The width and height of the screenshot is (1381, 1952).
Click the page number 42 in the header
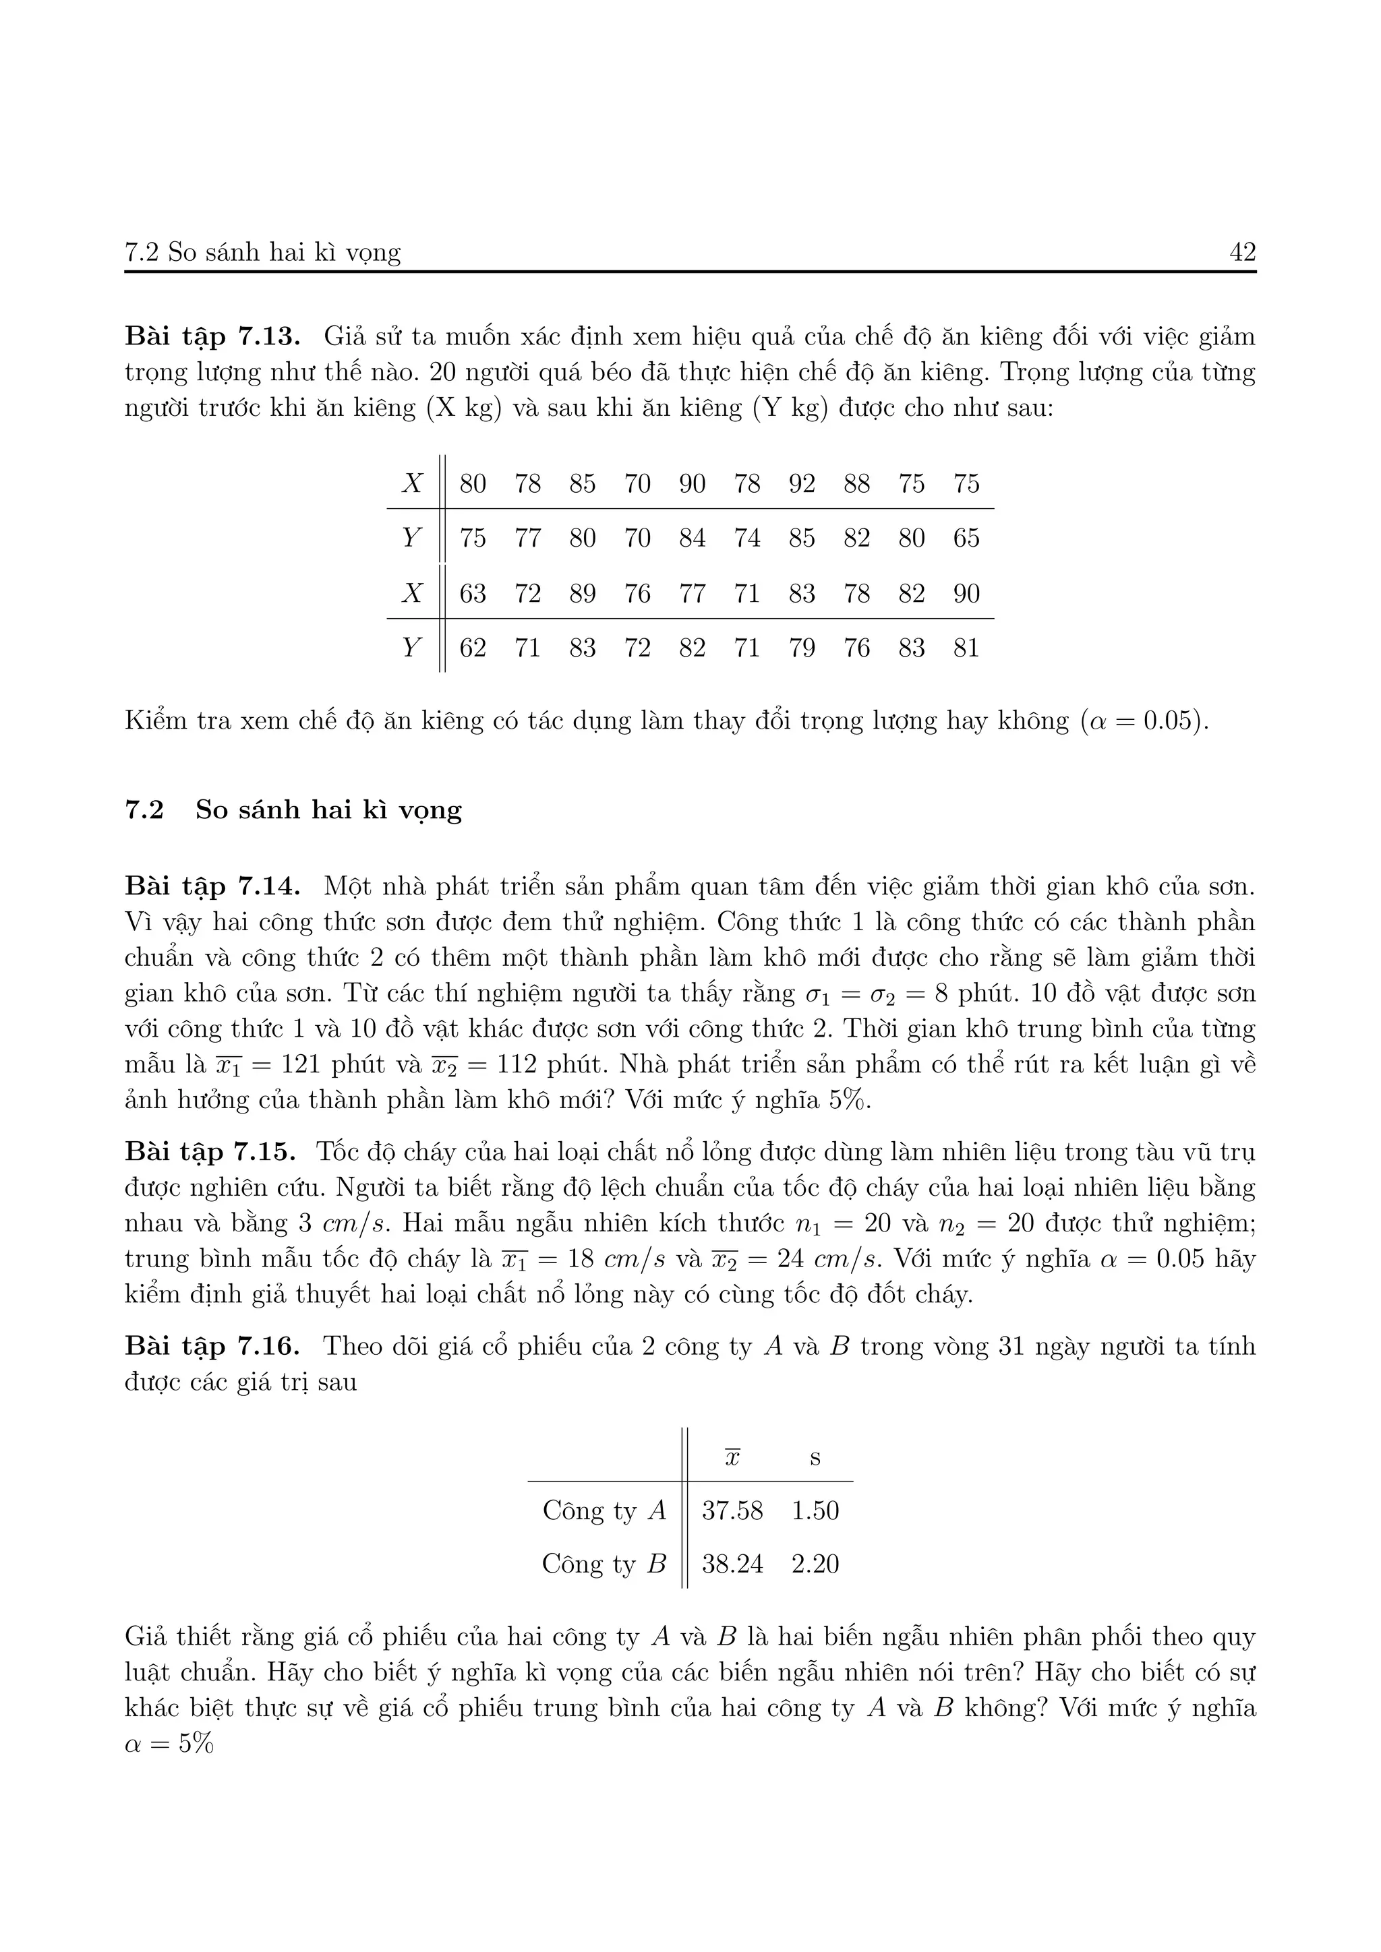coord(1242,253)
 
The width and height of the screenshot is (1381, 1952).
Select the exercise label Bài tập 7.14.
coord(212,887)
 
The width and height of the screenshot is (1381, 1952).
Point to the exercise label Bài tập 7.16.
coord(212,1346)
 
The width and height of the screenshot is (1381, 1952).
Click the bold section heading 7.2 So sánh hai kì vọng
coord(293,810)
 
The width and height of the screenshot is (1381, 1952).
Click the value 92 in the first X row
coord(801,484)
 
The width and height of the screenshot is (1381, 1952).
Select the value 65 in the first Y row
coord(966,538)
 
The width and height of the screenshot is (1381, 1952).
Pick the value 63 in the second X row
coord(473,593)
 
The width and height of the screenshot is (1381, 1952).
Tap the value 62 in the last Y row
coord(473,648)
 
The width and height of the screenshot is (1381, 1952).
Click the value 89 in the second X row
coord(583,593)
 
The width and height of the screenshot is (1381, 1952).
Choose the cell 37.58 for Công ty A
coord(732,1511)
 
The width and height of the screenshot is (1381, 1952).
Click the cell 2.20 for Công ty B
coord(815,1564)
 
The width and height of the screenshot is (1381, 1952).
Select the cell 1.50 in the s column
coord(815,1511)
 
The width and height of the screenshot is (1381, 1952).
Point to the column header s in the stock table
coord(815,1458)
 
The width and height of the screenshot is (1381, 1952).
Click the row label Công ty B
coord(604,1564)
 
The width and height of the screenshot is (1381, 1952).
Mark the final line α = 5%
coord(169,1744)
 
